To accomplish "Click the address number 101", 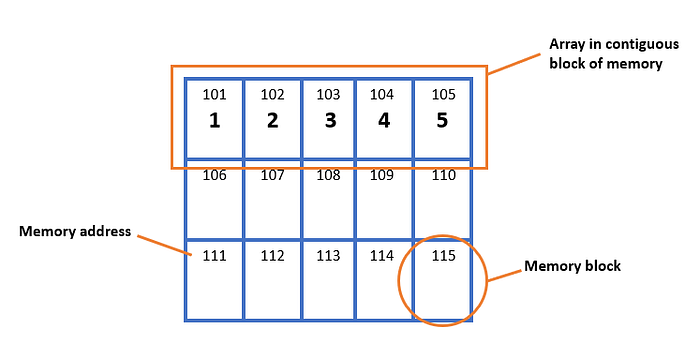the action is (214, 95).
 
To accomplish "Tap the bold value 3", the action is (330, 121).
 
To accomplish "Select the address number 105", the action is (443, 95).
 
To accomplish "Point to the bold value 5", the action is (442, 121).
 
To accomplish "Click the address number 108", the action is (328, 175).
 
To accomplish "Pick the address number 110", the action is (443, 175).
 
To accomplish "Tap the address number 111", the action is (214, 255).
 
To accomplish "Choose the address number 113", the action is (328, 255).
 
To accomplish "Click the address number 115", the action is (443, 255).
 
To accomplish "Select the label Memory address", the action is (75, 231).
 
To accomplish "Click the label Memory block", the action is (572, 266).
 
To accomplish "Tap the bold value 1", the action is (215, 121).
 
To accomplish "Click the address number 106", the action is (214, 175).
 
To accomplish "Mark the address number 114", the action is (382, 255).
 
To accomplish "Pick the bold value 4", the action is (384, 121).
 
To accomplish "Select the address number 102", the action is (272, 95).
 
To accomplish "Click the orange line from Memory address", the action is (164, 245).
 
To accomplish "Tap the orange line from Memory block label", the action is (505, 276).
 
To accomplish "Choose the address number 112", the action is (272, 255).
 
